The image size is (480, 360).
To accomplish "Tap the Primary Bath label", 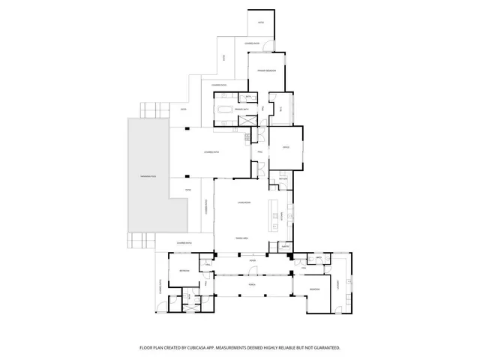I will (241, 109).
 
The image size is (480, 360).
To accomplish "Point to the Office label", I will (286, 147).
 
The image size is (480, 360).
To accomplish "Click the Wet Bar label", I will (283, 179).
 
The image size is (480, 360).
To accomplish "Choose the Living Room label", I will (243, 202).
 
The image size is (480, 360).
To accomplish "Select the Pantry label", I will (284, 245).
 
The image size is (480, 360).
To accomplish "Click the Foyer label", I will (242, 261).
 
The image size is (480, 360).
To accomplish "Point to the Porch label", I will (242, 284).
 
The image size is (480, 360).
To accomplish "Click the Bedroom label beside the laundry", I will (316, 289).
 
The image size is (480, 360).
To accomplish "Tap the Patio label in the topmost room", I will (261, 22).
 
